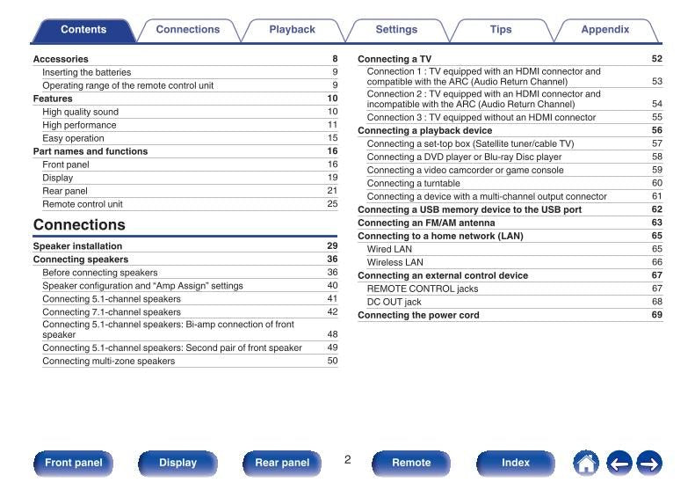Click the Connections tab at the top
[x=188, y=30]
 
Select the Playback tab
[x=292, y=30]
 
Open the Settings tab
[x=396, y=30]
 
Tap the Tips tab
[x=501, y=30]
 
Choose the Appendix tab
[x=605, y=30]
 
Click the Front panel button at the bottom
[x=74, y=463]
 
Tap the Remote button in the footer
[x=411, y=463]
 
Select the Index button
[x=516, y=463]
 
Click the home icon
[x=586, y=463]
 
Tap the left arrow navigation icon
[x=619, y=463]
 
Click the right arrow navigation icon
[x=649, y=463]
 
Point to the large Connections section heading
[x=79, y=225]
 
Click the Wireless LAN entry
[x=395, y=262]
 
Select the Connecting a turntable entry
[x=413, y=183]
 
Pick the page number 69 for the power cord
[x=656, y=315]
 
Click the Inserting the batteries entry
[x=86, y=72]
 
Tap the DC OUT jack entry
[x=394, y=302]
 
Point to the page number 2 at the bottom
[x=347, y=460]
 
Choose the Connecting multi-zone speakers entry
[x=108, y=361]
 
